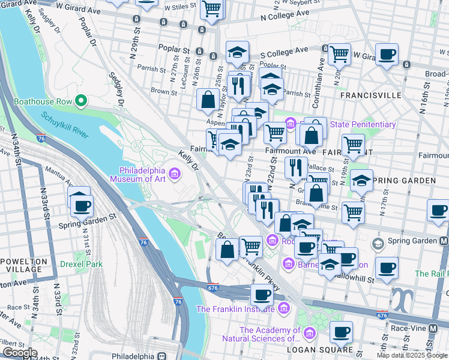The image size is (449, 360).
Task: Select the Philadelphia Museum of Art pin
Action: [x=175, y=174]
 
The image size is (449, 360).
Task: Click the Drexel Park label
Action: [x=81, y=263]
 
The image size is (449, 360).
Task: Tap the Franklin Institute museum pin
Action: [x=284, y=310]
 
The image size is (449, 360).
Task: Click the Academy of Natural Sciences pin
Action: [x=309, y=333]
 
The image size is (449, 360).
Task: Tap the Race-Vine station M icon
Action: [x=433, y=328]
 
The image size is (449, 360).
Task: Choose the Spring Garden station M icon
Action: [x=444, y=241]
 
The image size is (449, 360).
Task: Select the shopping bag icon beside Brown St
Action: [x=208, y=101]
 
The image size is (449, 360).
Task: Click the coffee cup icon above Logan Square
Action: [x=342, y=332]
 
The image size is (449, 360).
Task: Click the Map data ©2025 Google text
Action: [x=412, y=355]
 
